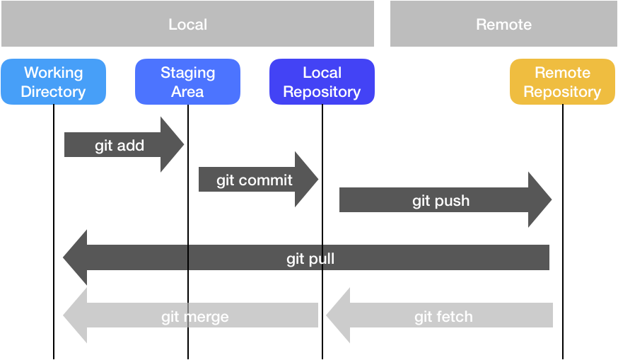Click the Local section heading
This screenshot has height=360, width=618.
point(187,25)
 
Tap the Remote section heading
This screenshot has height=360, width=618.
point(503,25)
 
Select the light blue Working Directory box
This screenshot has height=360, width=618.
point(53,82)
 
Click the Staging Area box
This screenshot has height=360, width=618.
point(187,82)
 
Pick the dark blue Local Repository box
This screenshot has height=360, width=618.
point(322,82)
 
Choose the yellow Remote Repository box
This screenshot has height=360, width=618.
point(562,82)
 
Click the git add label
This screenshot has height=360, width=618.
point(119,146)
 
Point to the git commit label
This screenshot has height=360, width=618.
point(255,180)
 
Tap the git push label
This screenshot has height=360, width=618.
point(441,202)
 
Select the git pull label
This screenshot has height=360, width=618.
point(310,260)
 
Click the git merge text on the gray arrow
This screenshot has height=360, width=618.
point(195,316)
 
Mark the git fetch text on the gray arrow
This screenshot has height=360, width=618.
point(443,316)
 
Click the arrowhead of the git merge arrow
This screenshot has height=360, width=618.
point(76,315)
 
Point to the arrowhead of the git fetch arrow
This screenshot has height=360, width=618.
point(339,315)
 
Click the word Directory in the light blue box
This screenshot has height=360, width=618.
point(53,92)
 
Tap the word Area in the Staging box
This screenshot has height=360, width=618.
point(187,92)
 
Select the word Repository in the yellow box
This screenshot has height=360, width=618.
point(562,92)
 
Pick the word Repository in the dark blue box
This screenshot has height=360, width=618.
point(322,92)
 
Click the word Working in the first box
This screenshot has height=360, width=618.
point(53,73)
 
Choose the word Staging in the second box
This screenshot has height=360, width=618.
point(187,73)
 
